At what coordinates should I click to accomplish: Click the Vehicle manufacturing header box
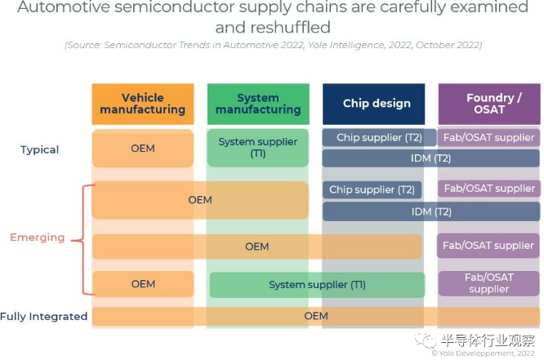coord(143,104)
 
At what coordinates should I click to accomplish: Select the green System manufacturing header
coord(258,104)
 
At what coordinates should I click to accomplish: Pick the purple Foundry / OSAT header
coord(488,104)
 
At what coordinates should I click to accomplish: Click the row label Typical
coord(40,149)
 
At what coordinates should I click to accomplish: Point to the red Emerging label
coord(37,238)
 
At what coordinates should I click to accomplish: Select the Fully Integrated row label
coord(44,317)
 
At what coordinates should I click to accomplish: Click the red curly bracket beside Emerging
coord(79,238)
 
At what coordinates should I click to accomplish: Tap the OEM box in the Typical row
coord(143,149)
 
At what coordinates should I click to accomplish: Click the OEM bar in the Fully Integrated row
coord(315,316)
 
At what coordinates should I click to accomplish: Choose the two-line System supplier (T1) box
coord(258,148)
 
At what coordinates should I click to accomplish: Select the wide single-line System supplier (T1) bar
coord(317,285)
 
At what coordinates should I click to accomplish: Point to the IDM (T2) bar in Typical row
coord(430,158)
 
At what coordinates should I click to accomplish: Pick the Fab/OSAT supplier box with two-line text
coord(488,283)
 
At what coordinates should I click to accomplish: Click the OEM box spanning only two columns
coord(199,200)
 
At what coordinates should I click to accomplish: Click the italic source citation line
coord(271,45)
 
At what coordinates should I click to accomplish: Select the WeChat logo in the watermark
coord(425,340)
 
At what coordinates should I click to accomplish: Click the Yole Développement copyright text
coord(487,353)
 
